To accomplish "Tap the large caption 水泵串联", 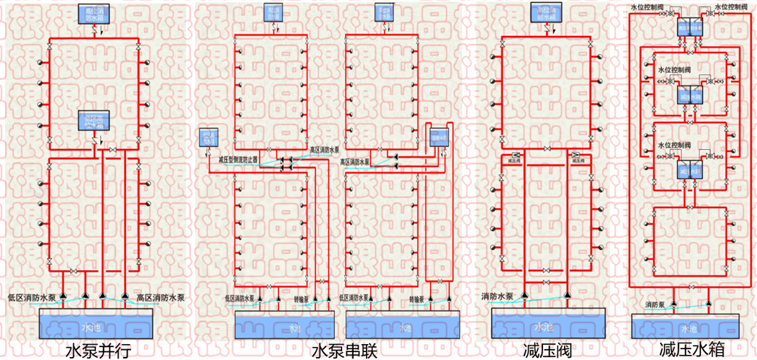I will pos(344,351).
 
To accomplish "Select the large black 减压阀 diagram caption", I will pos(547,351).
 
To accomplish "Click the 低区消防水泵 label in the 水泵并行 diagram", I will pos(32,297).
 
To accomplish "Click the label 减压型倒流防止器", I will pos(238,160).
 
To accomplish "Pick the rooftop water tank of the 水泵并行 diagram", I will pos(94,14).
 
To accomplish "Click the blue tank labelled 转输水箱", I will pos(439,135).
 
